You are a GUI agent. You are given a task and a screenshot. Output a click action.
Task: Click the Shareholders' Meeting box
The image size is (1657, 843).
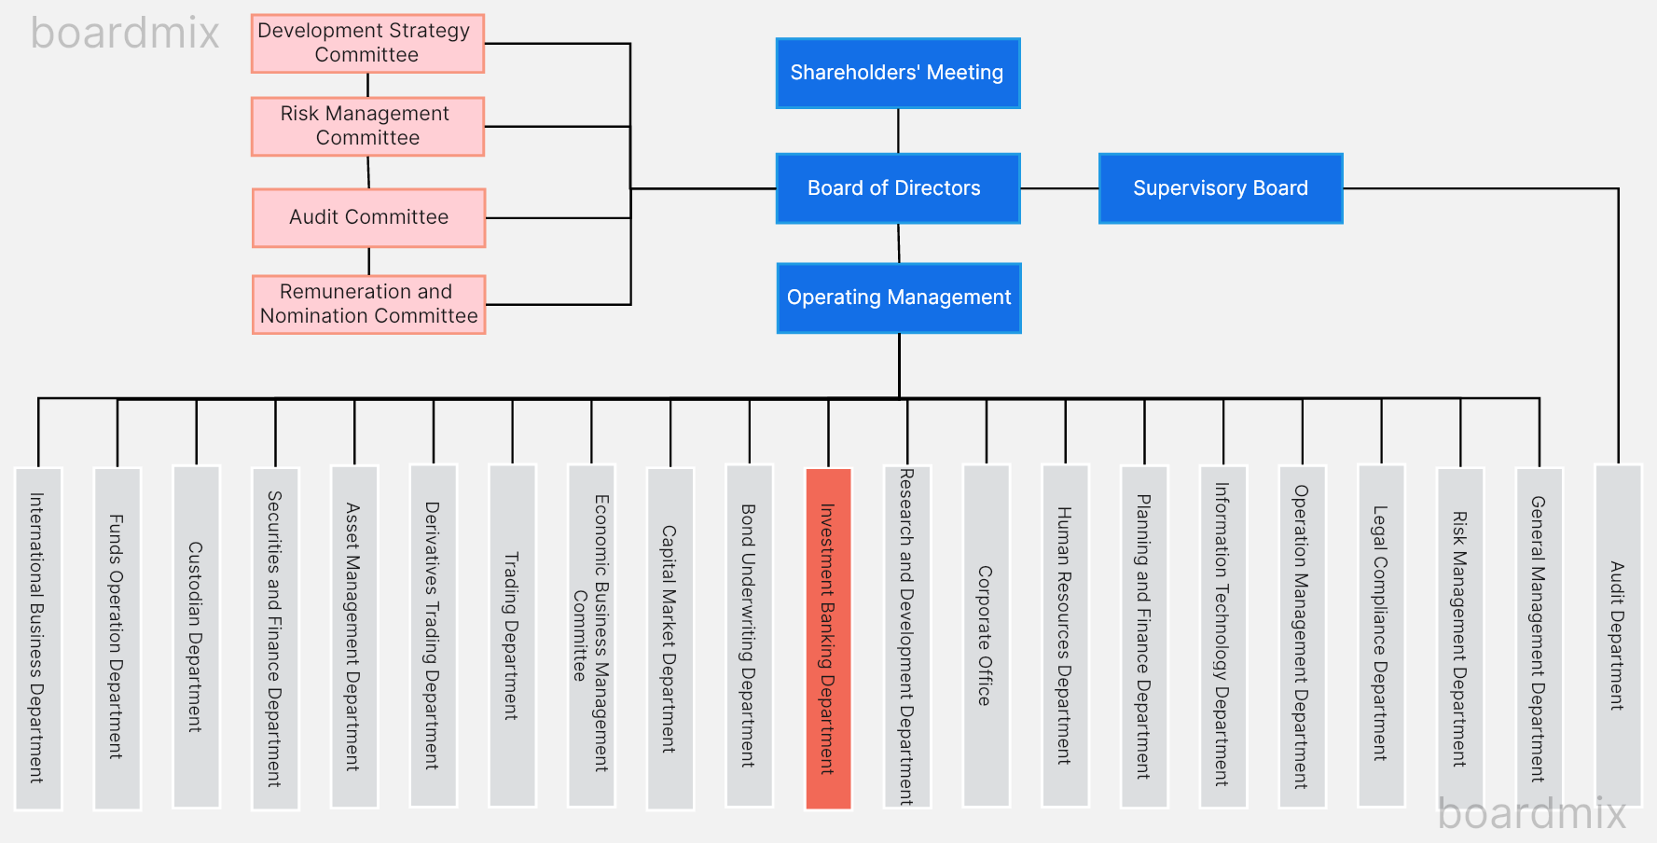pos(897,73)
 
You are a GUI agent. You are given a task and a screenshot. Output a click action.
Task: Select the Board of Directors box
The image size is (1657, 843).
pos(897,188)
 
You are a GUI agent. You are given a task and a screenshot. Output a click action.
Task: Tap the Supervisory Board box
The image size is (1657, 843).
pos(1220,188)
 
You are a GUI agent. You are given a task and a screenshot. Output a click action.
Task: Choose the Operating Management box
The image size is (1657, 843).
pos(898,297)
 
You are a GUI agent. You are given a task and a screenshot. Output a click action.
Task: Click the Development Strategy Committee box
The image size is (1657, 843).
pos(367,43)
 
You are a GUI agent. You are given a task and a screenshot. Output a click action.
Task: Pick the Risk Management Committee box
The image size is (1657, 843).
pos(367,126)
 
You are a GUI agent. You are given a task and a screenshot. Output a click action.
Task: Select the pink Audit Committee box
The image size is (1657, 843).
pos(368,217)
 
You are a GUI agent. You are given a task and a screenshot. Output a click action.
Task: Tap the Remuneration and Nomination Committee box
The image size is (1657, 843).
pos(368,304)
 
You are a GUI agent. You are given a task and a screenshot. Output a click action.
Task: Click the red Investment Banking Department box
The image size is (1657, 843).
pos(828,638)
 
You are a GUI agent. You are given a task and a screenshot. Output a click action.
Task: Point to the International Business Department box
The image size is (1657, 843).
pos(38,638)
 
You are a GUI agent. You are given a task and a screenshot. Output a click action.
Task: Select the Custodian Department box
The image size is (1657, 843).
pos(196,636)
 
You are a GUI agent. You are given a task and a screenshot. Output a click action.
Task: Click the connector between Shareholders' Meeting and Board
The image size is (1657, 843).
pos(898,131)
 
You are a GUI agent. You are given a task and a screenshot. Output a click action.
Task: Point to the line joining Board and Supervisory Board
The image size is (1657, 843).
pos(1059,188)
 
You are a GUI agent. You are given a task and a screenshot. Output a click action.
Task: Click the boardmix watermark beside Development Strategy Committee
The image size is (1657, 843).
pos(125,34)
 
